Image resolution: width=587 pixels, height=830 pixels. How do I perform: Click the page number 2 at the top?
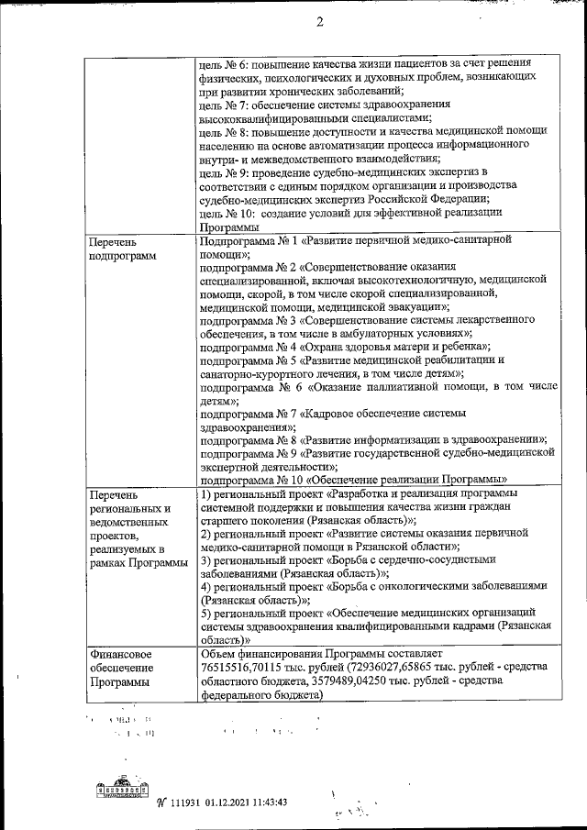point(319,24)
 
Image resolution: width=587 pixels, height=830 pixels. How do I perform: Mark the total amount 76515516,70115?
point(244,668)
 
